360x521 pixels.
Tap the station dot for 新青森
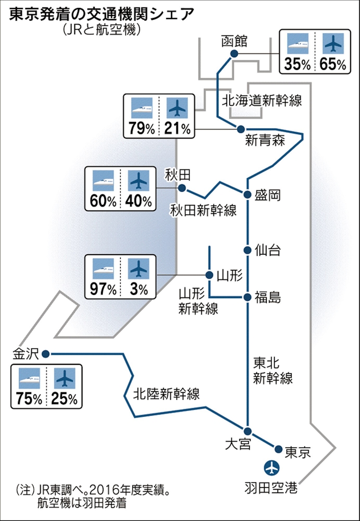coord(241,129)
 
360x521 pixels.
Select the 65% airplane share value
coord(333,64)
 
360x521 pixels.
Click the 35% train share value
coord(298,64)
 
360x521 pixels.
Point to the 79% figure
coord(141,128)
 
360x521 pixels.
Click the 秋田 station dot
coord(182,188)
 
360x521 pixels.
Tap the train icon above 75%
coord(29,378)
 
